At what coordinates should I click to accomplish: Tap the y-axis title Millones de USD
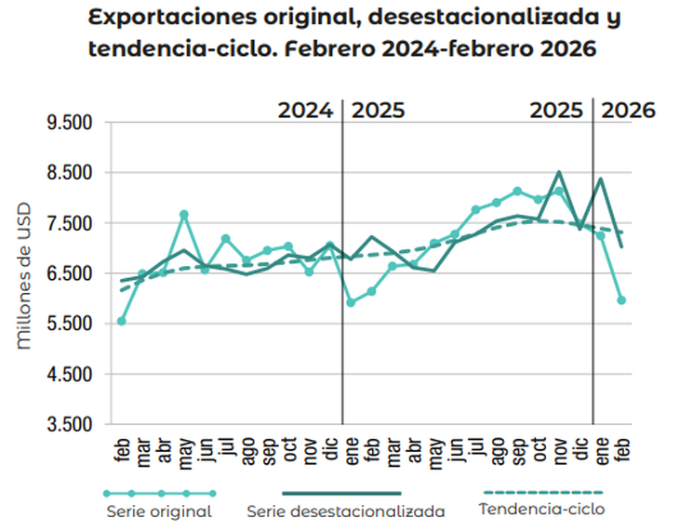(x=25, y=275)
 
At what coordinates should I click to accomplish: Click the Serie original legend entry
(x=159, y=511)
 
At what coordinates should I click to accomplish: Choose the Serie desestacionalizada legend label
(x=345, y=511)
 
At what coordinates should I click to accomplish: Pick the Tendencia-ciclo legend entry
(x=541, y=509)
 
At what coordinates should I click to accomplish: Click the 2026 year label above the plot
(x=629, y=110)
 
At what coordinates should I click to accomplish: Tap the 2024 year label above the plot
(x=305, y=110)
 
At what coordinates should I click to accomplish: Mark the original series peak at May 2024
(x=184, y=215)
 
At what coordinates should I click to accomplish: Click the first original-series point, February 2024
(x=122, y=321)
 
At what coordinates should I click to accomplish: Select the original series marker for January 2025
(x=351, y=302)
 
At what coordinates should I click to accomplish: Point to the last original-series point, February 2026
(x=621, y=300)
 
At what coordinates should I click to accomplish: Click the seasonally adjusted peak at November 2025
(x=559, y=172)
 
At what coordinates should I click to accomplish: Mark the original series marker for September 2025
(x=517, y=192)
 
